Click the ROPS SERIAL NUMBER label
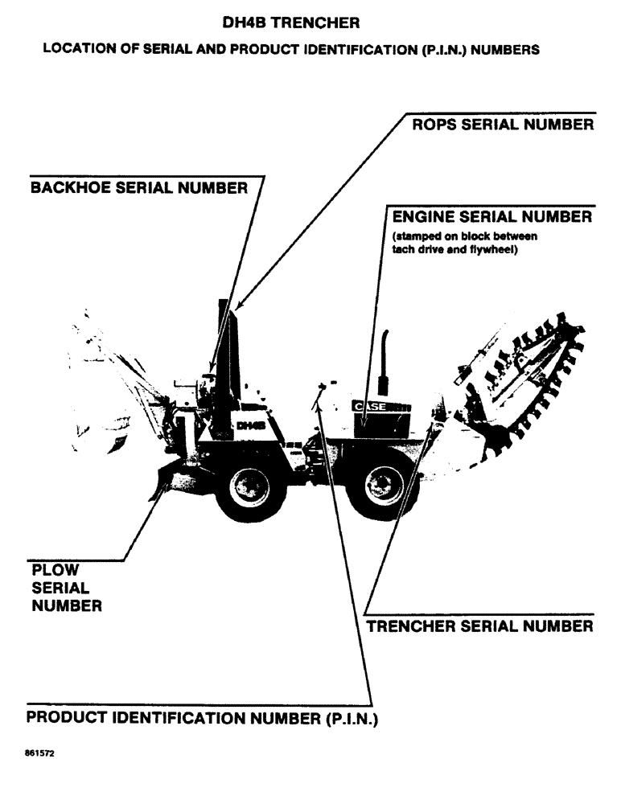(x=503, y=125)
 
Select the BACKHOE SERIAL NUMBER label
(x=138, y=188)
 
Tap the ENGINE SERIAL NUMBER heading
(x=491, y=218)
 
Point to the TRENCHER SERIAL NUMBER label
(x=480, y=626)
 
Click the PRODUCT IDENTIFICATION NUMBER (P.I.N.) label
(x=202, y=717)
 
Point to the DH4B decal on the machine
(x=251, y=425)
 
